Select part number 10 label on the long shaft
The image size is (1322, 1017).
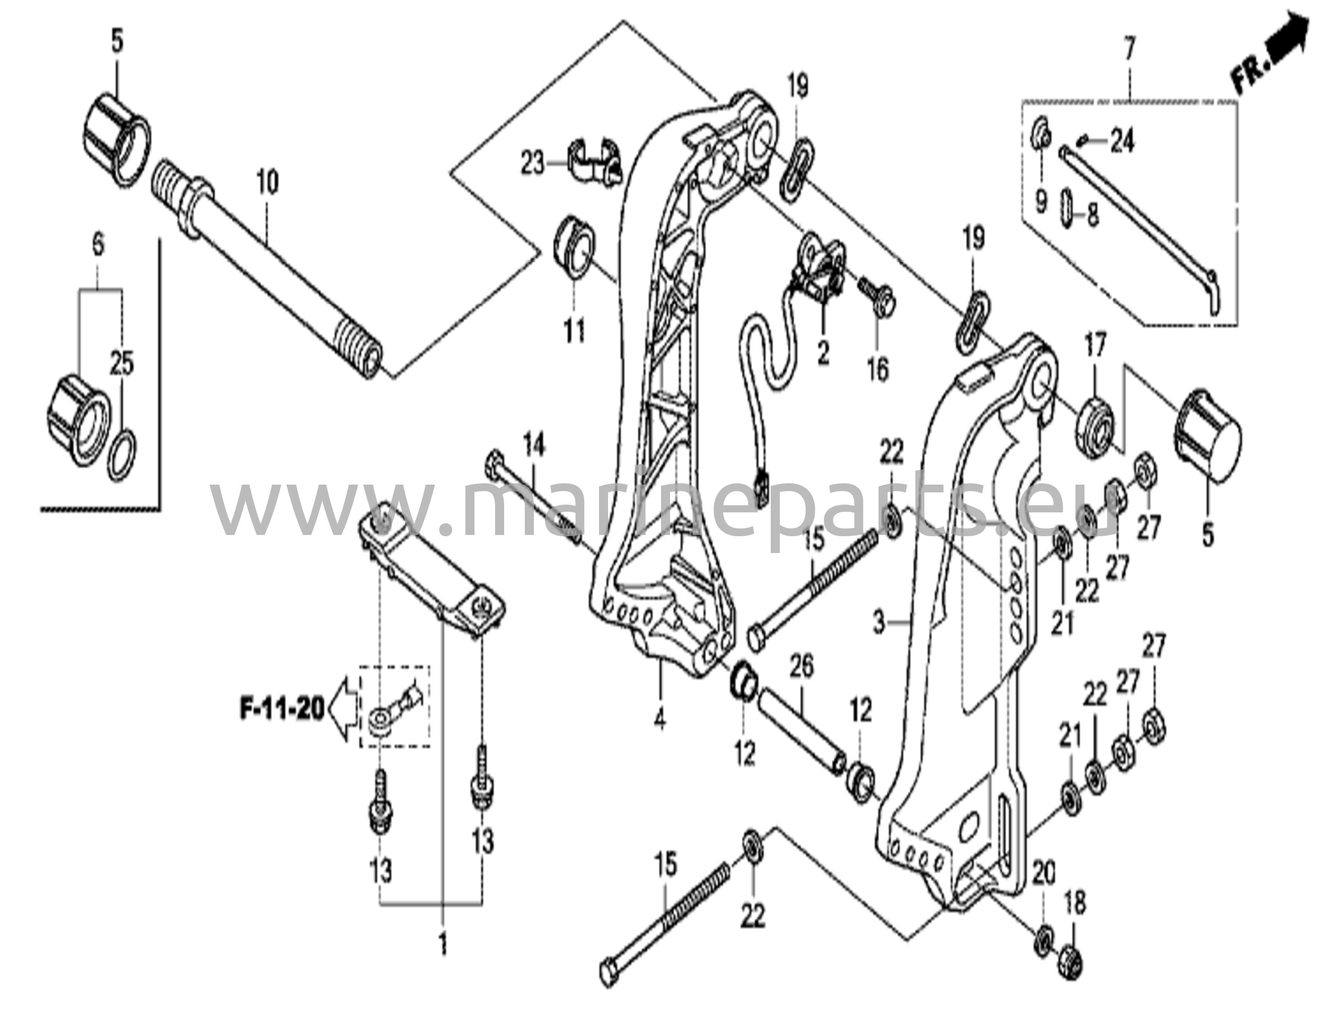267,182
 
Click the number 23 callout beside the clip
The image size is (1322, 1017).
533,164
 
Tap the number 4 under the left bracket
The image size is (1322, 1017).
659,719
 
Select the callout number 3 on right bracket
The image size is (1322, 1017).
879,623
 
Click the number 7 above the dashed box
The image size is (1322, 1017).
1129,49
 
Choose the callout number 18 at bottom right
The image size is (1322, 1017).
1075,904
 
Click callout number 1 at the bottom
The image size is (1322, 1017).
443,946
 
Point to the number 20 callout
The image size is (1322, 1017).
1044,874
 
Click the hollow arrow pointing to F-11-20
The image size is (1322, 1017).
342,710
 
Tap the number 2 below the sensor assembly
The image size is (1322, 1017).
823,353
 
